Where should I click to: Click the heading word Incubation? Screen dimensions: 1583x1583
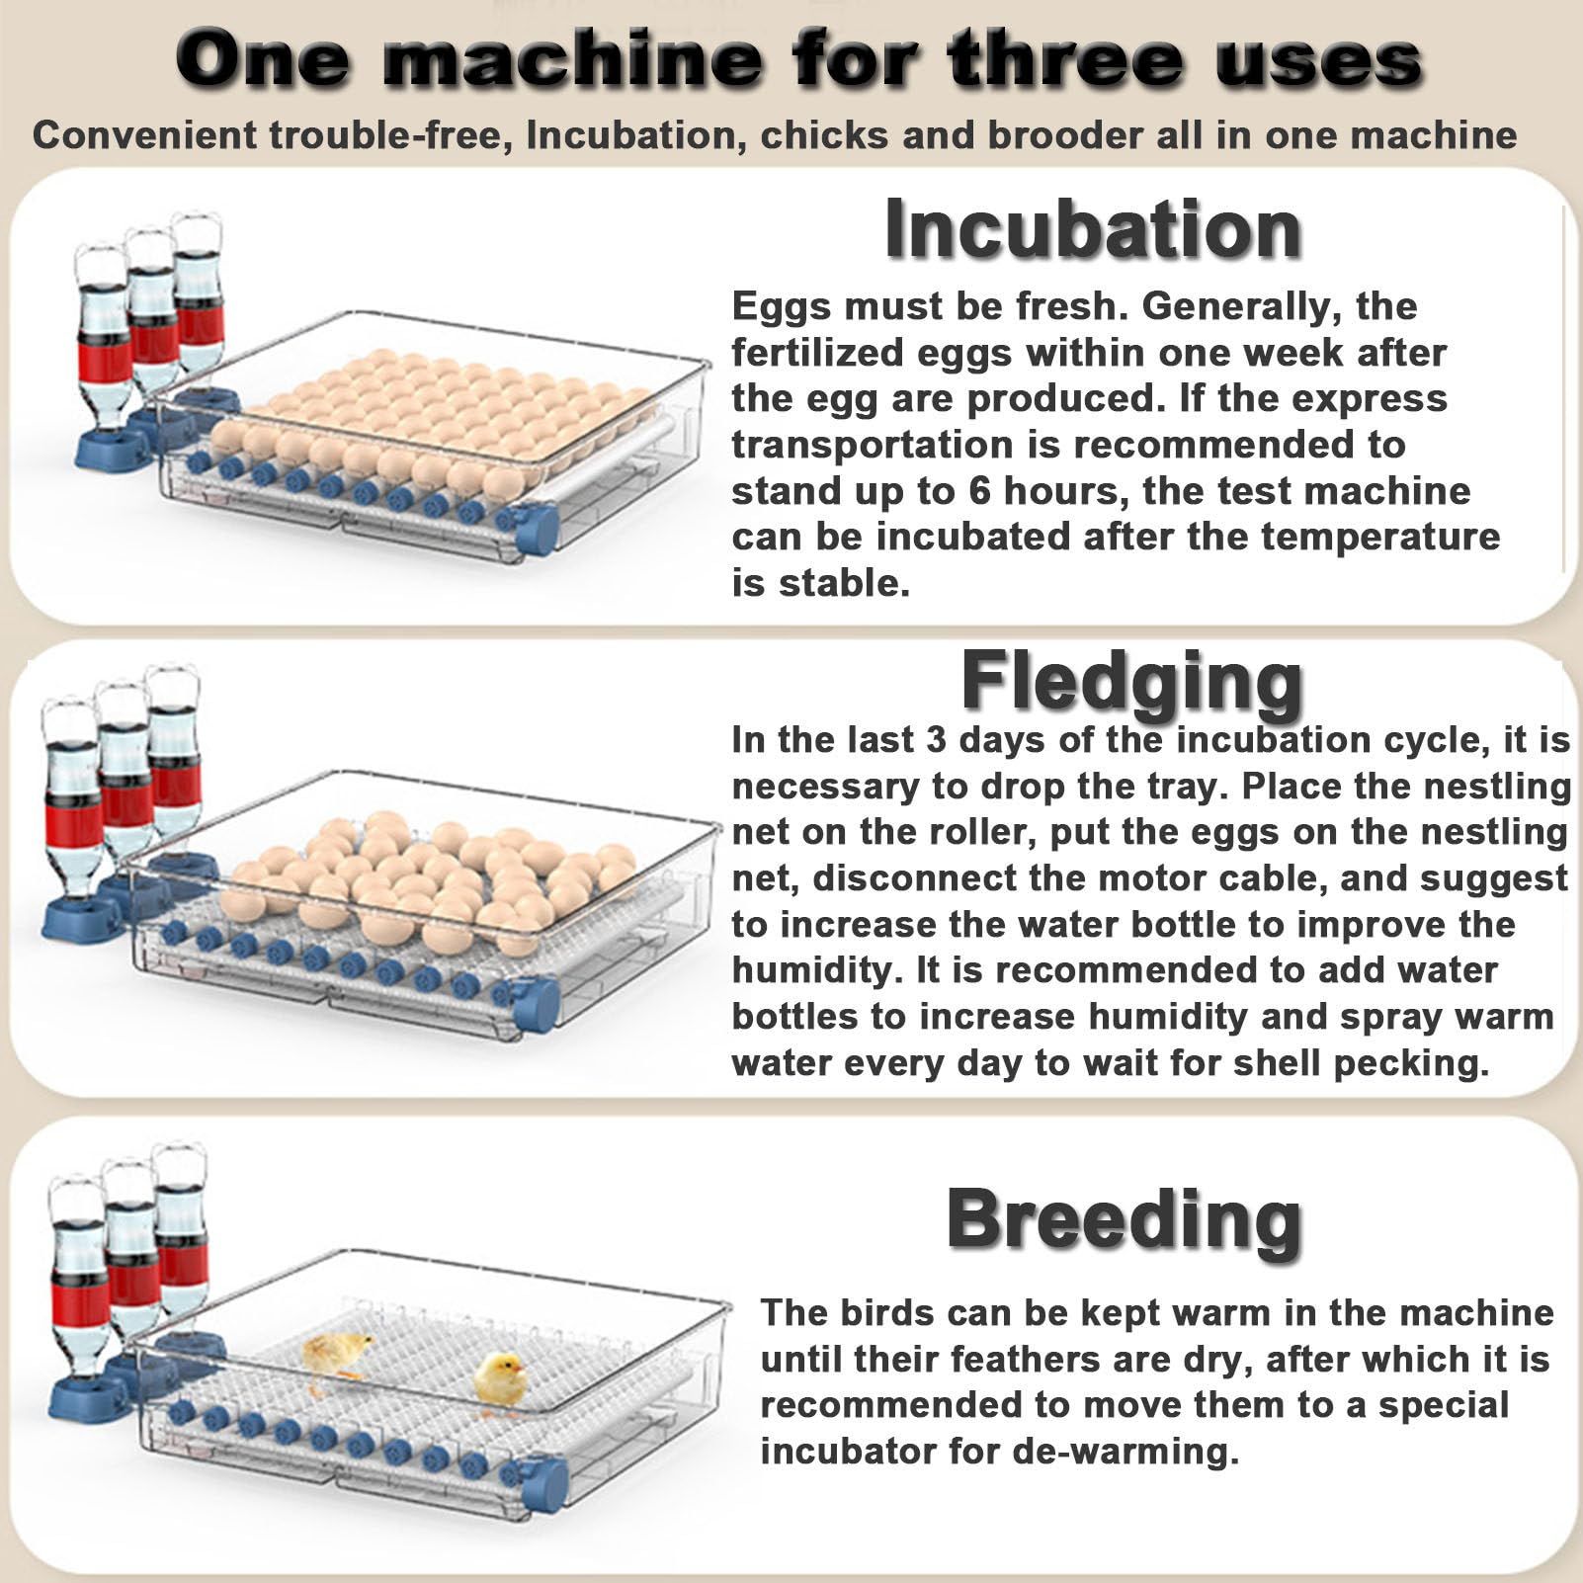1092,229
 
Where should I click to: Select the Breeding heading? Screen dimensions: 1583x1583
1124,1219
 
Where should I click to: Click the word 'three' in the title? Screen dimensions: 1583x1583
1064,58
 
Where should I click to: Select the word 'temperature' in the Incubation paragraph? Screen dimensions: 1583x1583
1380,538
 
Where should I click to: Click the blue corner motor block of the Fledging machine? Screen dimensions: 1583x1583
537,1005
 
